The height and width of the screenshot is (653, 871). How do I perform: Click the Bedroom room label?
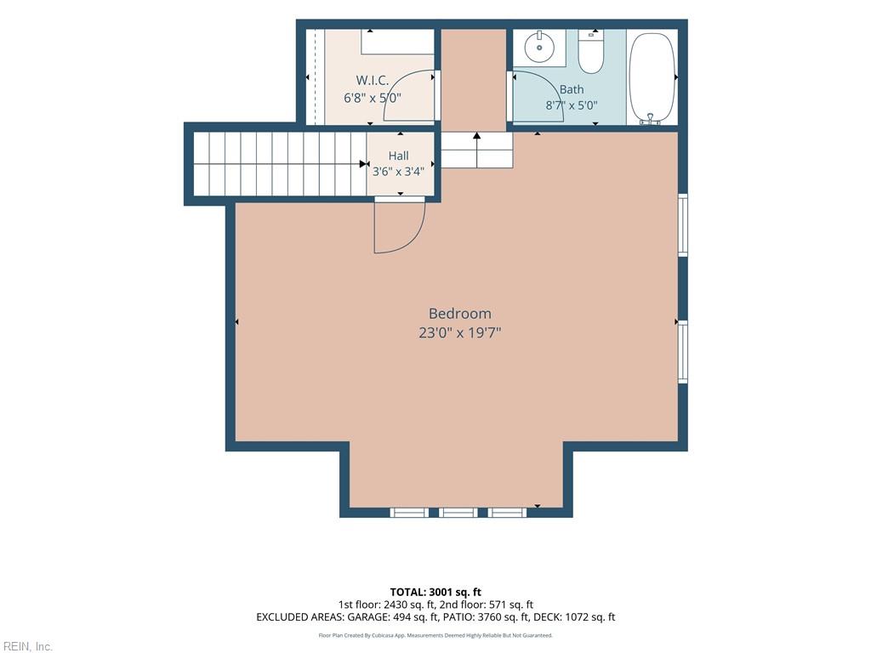click(460, 314)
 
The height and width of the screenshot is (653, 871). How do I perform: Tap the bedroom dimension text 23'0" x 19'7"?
click(460, 333)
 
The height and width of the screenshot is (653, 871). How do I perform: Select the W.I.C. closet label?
click(373, 81)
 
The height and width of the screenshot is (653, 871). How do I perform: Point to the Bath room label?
click(572, 89)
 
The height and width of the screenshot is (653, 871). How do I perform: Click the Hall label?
click(398, 156)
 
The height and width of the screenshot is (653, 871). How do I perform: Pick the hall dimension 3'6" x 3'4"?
click(398, 172)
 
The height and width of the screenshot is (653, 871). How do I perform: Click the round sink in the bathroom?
click(538, 48)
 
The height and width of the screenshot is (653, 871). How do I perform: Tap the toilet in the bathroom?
click(590, 52)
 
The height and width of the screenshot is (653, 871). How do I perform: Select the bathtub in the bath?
click(652, 77)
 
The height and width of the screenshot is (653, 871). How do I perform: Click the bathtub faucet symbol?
click(650, 119)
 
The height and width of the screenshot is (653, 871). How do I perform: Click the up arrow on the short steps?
click(477, 150)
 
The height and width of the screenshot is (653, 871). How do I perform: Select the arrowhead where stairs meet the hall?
click(363, 164)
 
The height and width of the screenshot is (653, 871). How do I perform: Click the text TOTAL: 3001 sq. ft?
click(435, 592)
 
